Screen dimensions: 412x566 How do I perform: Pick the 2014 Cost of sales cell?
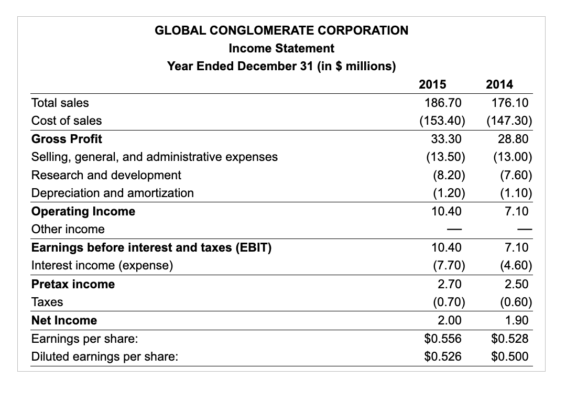(x=509, y=121)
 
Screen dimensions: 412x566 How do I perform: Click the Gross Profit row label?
(x=67, y=139)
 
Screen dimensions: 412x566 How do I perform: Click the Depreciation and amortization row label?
(x=113, y=193)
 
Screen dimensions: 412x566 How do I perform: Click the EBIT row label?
(x=151, y=247)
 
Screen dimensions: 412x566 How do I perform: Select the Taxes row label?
(x=47, y=302)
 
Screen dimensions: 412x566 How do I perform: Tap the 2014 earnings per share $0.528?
(x=510, y=339)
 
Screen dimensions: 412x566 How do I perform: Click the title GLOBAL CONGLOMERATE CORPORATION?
(x=281, y=30)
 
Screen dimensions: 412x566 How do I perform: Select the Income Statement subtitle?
(x=281, y=48)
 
